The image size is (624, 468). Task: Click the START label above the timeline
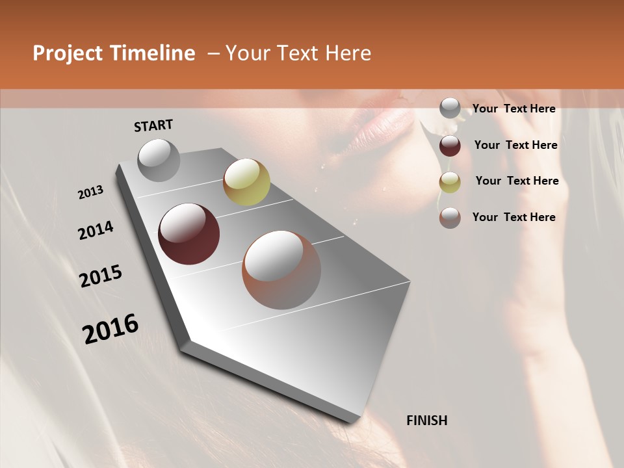point(153,125)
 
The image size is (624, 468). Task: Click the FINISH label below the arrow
point(426,421)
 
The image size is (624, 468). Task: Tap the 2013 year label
point(90,192)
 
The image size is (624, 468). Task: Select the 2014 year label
point(96,231)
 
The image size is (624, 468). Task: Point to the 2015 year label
point(101,276)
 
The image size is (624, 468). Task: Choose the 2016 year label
point(110,329)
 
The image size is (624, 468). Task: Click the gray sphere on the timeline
point(159,160)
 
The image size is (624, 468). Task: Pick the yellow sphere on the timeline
point(246,182)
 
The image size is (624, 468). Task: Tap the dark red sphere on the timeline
point(188,234)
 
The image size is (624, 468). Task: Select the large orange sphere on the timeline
point(281,270)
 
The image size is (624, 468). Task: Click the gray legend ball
point(450,109)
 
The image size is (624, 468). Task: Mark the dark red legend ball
point(450,146)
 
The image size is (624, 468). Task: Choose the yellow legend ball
point(450,182)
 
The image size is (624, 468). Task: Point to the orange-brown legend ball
point(450,218)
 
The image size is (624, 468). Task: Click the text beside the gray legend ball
point(513,109)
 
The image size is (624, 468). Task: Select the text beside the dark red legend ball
point(515,145)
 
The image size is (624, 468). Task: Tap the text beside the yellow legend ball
point(517,181)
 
